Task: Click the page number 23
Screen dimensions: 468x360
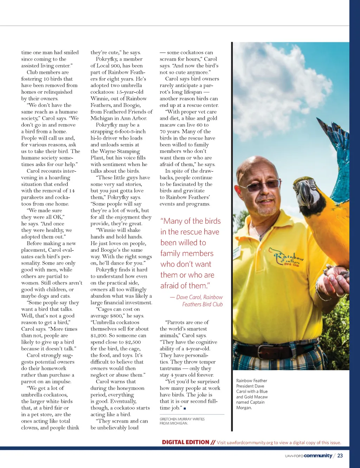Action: [x=340, y=455]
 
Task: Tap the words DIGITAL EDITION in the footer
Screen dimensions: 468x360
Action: [x=185, y=442]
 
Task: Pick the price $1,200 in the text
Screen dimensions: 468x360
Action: [x=99, y=335]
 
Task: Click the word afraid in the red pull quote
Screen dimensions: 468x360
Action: [x=172, y=286]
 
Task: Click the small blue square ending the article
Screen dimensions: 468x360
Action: [x=185, y=408]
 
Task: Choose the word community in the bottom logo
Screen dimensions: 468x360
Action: [x=318, y=455]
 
